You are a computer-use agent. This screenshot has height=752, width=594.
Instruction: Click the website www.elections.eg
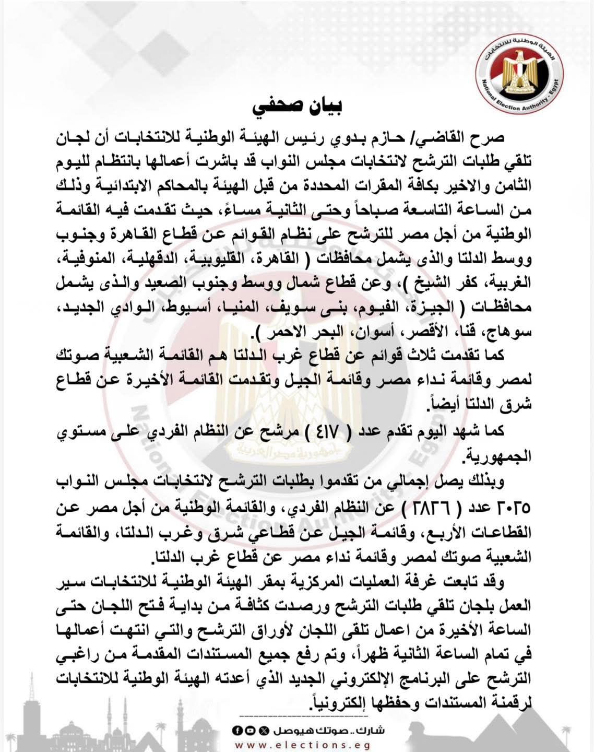[x=297, y=744]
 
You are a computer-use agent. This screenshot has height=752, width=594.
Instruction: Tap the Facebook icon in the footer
[x=236, y=730]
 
